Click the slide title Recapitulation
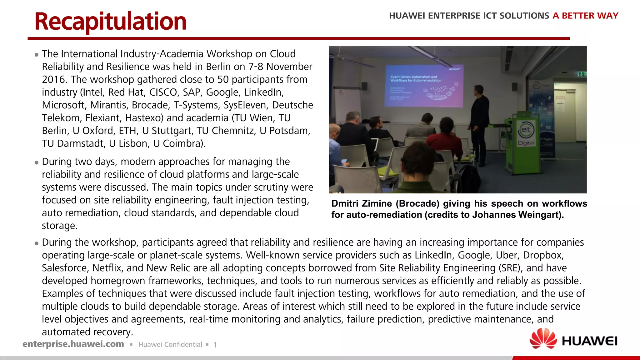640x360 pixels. [110, 22]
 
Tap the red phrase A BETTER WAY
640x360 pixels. [585, 16]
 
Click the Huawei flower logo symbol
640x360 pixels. [543, 338]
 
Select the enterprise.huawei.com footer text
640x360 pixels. [73, 344]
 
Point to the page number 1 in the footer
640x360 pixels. [215, 345]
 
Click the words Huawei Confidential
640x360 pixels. [170, 344]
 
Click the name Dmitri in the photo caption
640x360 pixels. [345, 204]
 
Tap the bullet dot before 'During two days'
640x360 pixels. [37, 162]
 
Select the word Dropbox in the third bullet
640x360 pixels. [543, 255]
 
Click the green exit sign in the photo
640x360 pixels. [581, 74]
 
